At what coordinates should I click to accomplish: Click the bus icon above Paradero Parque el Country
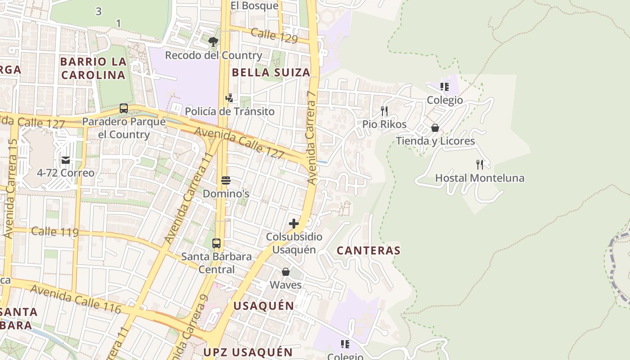124,108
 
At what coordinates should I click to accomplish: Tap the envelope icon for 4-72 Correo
66,160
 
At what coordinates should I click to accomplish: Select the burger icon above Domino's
226,181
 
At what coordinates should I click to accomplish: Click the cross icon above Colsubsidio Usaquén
294,224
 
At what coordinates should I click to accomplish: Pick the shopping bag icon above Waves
286,272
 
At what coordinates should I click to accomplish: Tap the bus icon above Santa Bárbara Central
216,243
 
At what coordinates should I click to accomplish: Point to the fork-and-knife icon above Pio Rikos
384,111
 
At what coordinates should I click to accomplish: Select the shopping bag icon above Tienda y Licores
435,128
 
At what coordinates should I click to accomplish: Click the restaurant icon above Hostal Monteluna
480,165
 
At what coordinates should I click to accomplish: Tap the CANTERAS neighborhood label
369,251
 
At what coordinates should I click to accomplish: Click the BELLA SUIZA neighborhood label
271,72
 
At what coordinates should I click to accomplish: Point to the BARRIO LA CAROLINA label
93,68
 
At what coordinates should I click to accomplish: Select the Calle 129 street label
274,36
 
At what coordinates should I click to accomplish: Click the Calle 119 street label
55,232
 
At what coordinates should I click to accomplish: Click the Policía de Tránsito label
229,111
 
